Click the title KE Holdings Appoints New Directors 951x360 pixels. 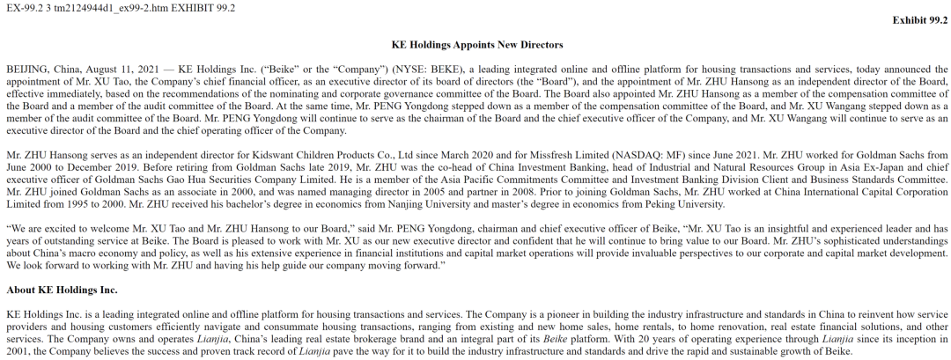point(475,44)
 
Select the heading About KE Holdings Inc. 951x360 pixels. point(62,289)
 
